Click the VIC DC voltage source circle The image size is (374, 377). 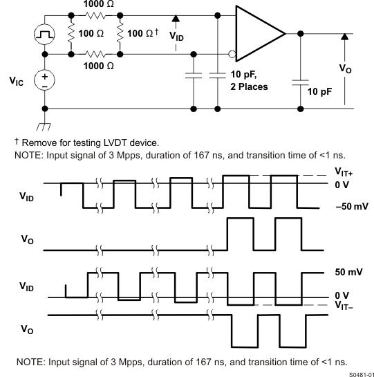[x=46, y=81]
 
